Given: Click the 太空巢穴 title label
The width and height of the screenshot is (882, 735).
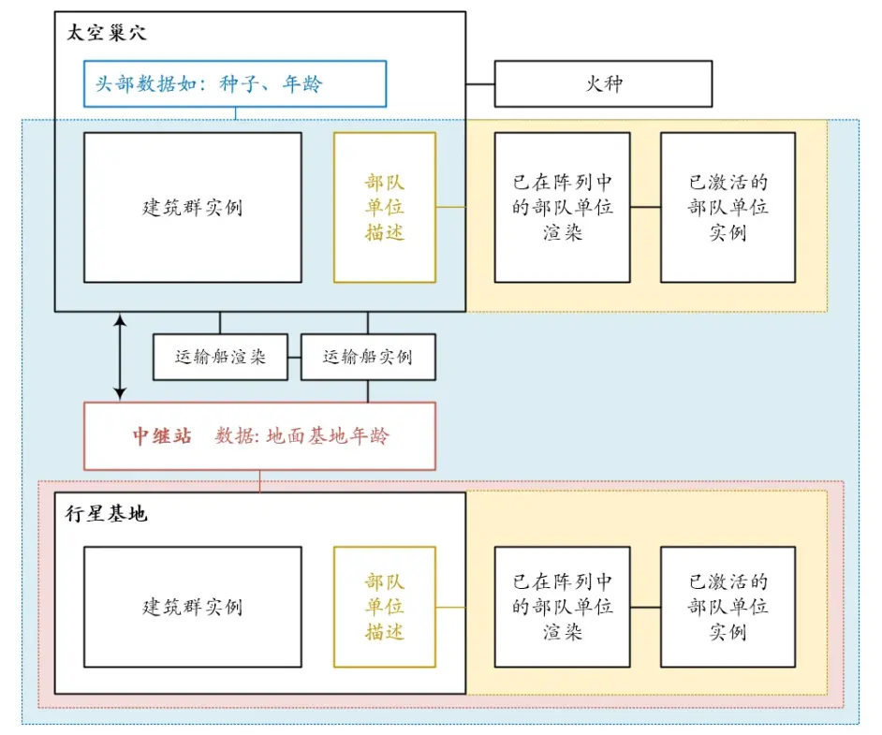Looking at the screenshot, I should tap(107, 33).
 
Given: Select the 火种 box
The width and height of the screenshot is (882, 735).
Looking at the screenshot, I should tap(603, 84).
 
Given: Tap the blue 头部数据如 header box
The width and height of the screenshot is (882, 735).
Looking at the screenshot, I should tap(234, 84).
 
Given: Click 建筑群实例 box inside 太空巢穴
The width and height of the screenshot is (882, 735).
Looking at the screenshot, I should tap(192, 207).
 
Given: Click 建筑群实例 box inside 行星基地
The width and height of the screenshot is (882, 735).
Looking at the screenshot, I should tap(192, 607).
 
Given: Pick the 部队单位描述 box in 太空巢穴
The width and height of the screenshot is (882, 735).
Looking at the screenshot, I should tap(385, 207).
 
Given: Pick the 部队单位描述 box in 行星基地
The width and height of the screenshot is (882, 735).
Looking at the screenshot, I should tap(385, 607).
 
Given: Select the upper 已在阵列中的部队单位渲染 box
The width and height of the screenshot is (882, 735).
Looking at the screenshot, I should tap(562, 207).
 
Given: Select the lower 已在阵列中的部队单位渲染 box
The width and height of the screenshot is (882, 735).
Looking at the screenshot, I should tap(562, 607).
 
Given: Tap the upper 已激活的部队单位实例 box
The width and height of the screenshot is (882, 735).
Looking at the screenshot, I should tap(728, 207).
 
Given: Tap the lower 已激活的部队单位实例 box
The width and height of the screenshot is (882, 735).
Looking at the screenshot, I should tap(728, 607).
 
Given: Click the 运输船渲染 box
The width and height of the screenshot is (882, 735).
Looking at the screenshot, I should tap(220, 357).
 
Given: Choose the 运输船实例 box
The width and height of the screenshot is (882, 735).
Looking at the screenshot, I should tap(368, 357).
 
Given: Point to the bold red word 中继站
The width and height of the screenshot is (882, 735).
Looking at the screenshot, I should tap(162, 436).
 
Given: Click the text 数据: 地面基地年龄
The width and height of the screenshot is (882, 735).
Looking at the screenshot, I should tap(302, 436).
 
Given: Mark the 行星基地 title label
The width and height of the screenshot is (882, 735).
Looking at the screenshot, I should tap(106, 514).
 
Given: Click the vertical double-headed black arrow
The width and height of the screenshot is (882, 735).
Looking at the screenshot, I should tap(120, 357).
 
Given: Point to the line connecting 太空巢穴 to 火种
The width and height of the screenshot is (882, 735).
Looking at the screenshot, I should tap(479, 84).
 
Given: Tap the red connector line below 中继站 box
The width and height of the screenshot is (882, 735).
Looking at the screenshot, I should tap(259, 480).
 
